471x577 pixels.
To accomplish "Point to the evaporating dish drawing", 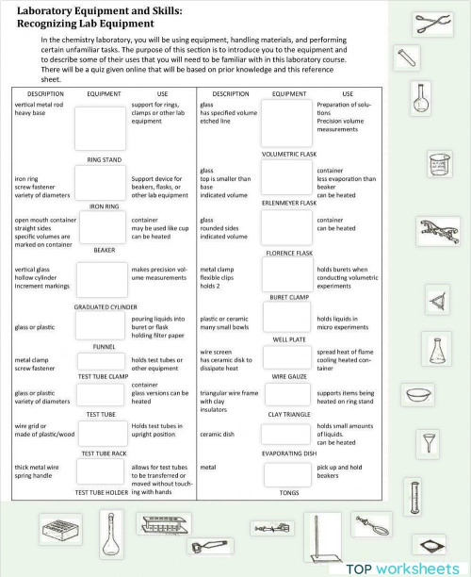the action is click(418, 393).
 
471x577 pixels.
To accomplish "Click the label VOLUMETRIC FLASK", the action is click(287, 153).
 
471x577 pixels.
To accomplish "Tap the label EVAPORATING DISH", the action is click(287, 453).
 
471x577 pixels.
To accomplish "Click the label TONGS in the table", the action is click(287, 492).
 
